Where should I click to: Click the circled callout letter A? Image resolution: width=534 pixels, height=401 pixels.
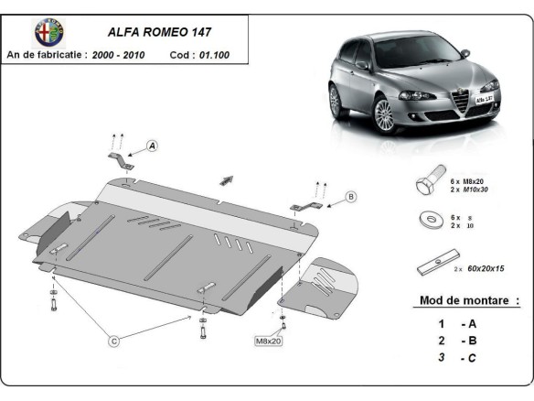152,145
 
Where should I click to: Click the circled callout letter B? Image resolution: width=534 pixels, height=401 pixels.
350,195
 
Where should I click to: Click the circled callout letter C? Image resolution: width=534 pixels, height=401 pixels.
114,341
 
